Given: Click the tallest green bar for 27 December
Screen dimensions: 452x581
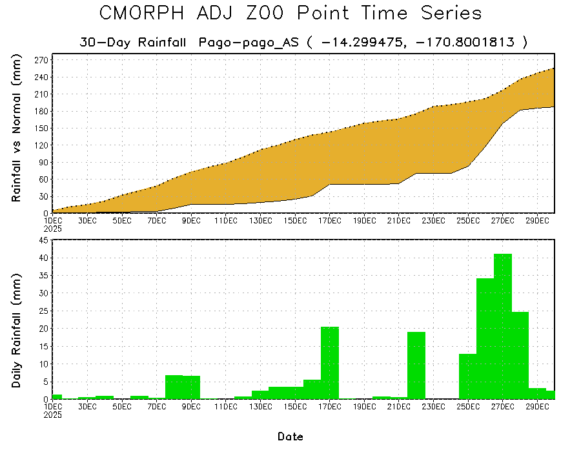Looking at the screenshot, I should [x=502, y=326].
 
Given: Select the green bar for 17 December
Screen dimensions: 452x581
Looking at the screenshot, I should [x=330, y=363].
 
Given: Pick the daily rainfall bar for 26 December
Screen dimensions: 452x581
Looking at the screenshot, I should [x=485, y=338].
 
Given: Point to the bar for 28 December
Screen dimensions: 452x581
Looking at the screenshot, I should [x=520, y=355].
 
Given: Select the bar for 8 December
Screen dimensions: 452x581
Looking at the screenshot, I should [x=174, y=387].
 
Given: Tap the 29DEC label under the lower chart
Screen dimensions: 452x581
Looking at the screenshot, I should [x=537, y=407].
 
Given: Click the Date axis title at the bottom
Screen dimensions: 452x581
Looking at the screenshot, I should [x=290, y=437].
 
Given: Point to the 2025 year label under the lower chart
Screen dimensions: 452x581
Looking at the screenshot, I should [x=53, y=415].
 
